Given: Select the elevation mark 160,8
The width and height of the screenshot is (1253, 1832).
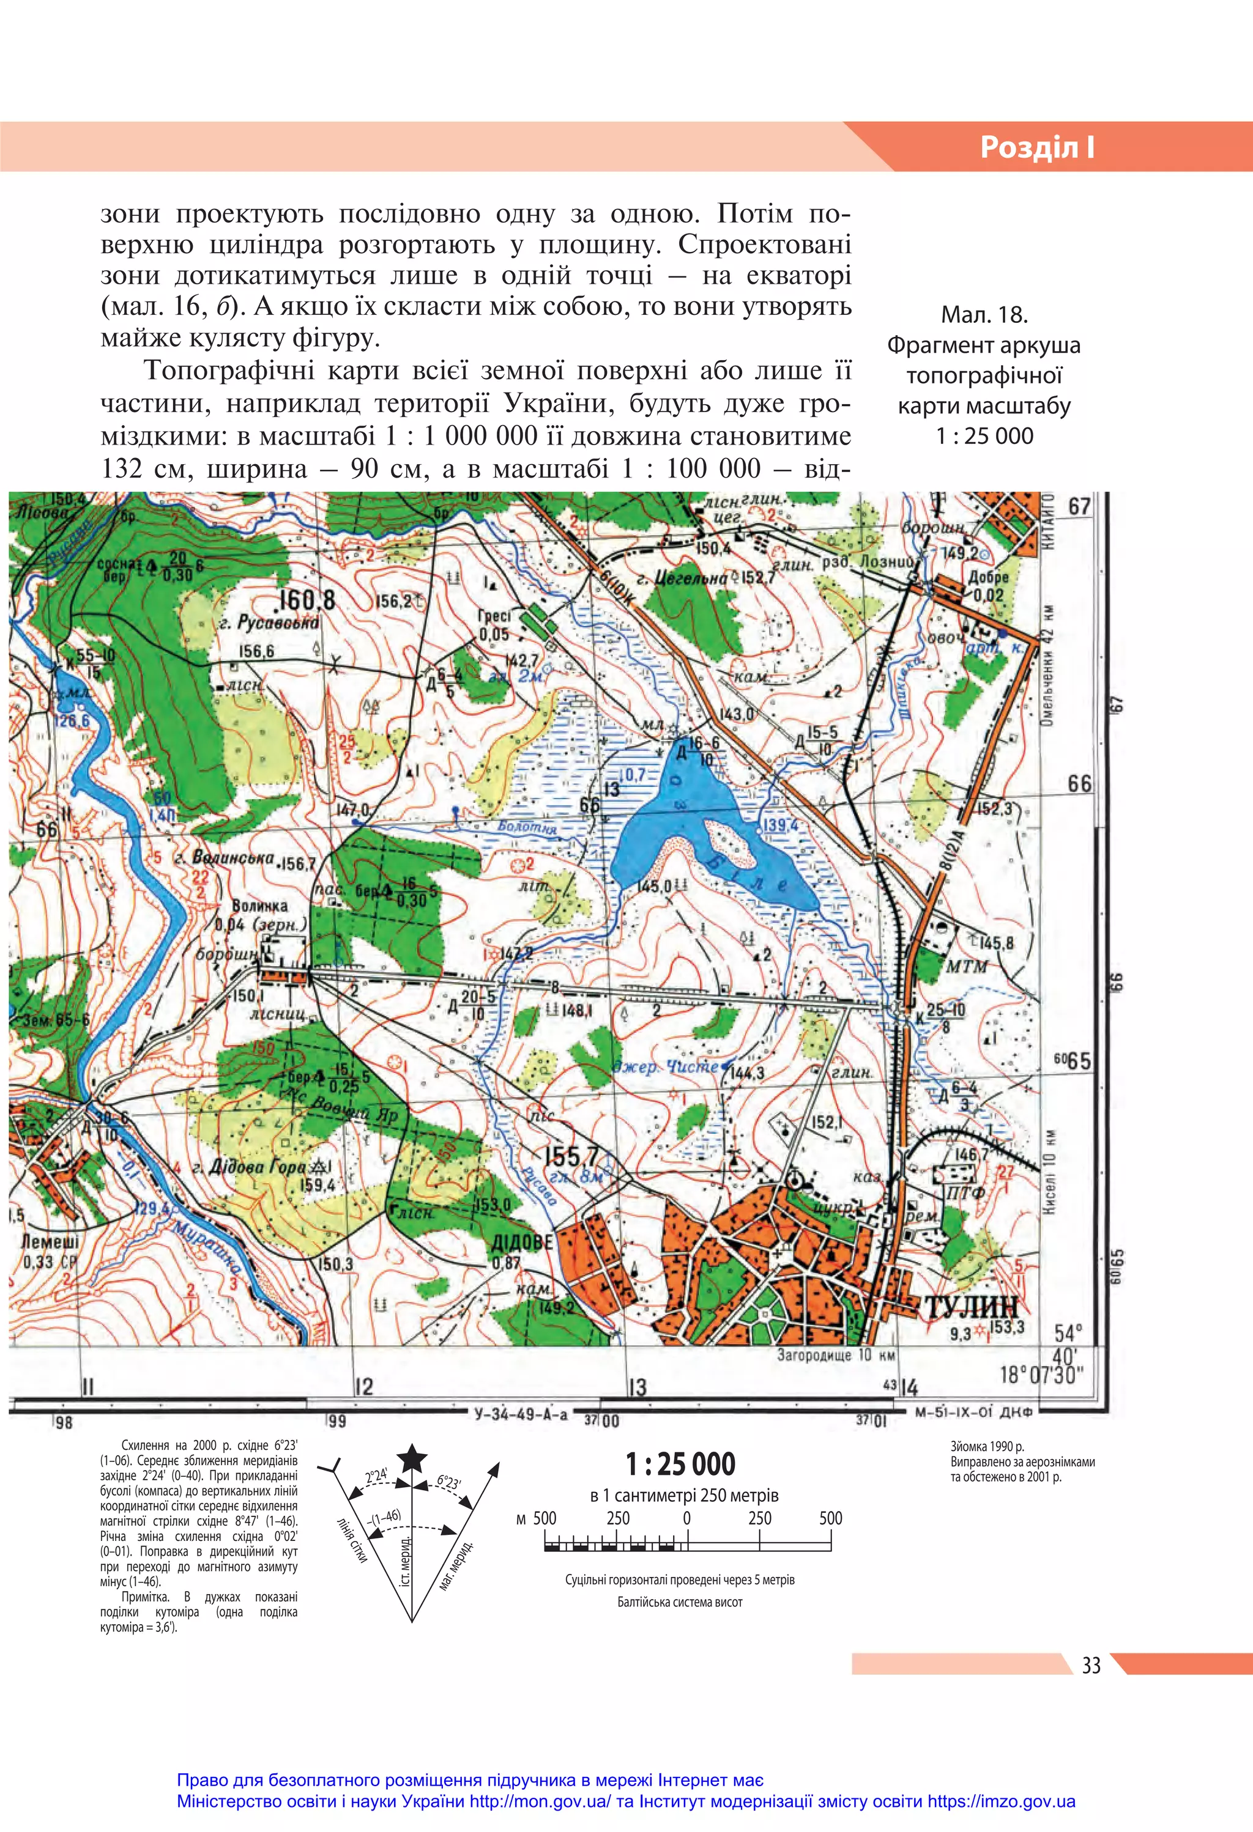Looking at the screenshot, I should (307, 600).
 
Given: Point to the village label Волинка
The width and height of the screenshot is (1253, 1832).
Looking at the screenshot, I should (259, 906).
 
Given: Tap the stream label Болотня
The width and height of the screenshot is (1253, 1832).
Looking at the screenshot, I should (527, 828).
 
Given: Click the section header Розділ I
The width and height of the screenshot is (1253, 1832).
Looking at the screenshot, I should (1037, 147).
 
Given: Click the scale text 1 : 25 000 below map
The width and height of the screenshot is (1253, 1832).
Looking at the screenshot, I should (680, 1464).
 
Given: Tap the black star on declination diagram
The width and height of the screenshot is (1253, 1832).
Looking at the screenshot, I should (412, 1458).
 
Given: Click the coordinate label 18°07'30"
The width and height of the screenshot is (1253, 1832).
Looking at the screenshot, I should (1042, 1375).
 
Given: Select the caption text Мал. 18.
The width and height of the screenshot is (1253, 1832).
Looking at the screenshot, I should (984, 316).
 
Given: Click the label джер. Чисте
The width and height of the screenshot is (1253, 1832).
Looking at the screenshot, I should (666, 1066).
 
